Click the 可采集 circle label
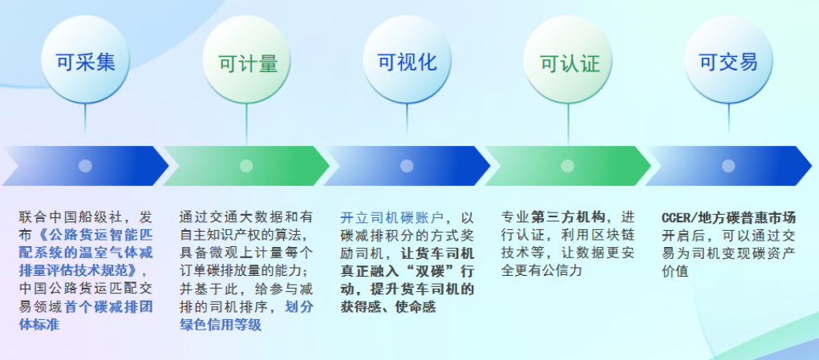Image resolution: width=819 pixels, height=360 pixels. click(86, 63)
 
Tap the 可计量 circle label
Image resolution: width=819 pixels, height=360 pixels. click(248, 63)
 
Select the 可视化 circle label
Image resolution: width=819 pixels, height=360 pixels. click(407, 63)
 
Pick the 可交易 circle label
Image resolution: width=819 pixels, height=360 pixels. click(728, 63)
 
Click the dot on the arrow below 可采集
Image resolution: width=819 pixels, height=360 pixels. click(85, 166)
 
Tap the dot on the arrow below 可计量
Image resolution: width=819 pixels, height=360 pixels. click(246, 166)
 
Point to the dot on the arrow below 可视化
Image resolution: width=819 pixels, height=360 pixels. click(407, 166)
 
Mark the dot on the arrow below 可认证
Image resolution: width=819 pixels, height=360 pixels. click(568, 166)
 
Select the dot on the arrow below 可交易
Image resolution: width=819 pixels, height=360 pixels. click(728, 166)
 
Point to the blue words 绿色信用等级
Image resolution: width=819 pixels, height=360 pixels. click(221, 325)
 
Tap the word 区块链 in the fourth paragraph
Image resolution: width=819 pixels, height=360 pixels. click(612, 235)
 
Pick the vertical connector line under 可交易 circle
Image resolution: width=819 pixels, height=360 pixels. click(728, 119)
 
